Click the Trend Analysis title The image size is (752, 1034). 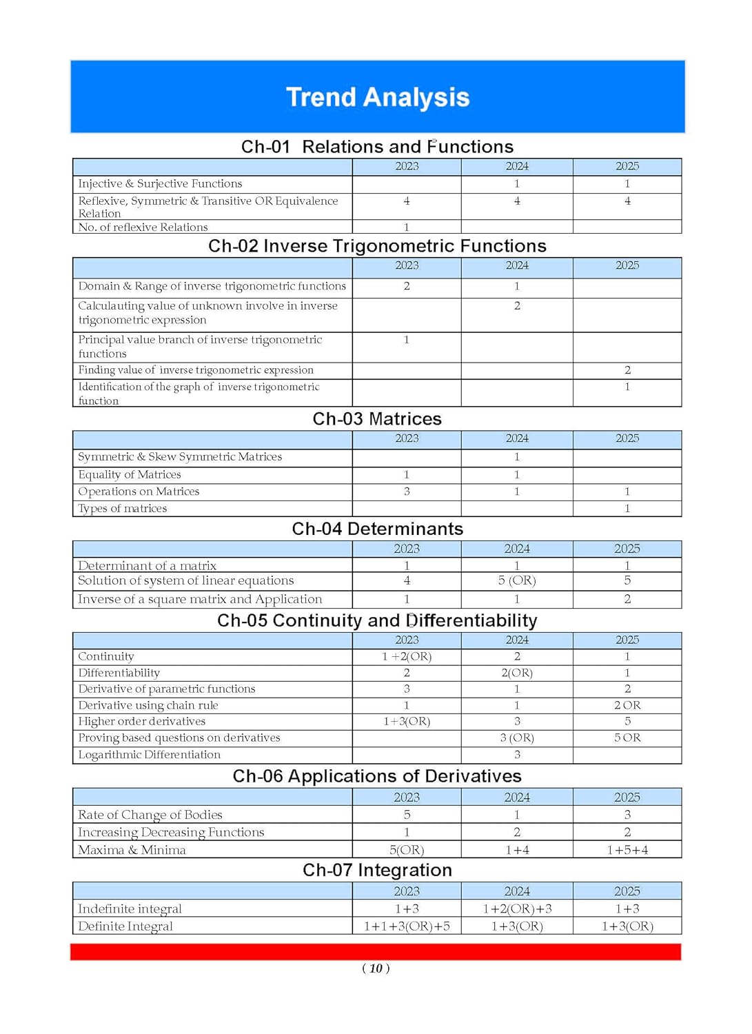click(x=377, y=97)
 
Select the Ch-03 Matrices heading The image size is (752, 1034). click(x=377, y=419)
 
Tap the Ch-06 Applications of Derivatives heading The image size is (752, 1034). click(x=377, y=776)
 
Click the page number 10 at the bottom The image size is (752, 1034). click(x=376, y=969)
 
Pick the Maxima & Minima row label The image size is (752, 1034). click(x=132, y=850)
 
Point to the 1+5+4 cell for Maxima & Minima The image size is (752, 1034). click(x=627, y=850)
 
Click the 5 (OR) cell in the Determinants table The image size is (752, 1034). click(x=517, y=580)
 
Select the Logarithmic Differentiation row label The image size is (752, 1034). click(x=149, y=755)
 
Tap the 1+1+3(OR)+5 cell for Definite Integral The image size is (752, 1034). click(x=407, y=926)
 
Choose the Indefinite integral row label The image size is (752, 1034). click(x=130, y=909)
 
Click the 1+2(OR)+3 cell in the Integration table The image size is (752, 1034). click(x=517, y=909)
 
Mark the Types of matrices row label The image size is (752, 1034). click(x=122, y=509)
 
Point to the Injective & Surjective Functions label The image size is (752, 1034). click(x=160, y=183)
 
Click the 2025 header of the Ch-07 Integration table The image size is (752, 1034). click(x=627, y=891)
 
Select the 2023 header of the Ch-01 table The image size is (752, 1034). click(x=407, y=166)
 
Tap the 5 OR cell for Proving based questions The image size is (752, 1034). click(x=627, y=738)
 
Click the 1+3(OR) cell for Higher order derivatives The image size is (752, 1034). click(x=407, y=721)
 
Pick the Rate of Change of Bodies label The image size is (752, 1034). click(x=150, y=815)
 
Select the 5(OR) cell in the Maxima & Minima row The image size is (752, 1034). click(x=407, y=850)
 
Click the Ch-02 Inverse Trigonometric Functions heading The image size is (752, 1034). click(x=377, y=246)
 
